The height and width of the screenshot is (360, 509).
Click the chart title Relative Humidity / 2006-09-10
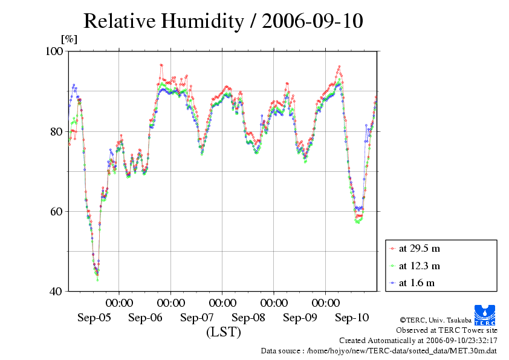click(223, 21)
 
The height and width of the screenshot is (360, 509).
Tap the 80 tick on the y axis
click(58, 132)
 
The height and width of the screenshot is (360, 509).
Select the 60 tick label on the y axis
click(58, 212)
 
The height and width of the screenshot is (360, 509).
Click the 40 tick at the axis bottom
click(58, 292)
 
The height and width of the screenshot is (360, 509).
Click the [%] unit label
click(69, 40)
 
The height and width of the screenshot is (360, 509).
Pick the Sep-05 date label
click(94, 317)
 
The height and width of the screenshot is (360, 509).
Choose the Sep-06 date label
click(146, 317)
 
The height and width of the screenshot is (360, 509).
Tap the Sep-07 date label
click(197, 317)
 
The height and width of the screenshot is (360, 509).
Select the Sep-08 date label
click(248, 317)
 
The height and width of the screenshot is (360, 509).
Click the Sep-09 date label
click(300, 317)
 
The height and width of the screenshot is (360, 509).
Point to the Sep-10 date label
click(352, 317)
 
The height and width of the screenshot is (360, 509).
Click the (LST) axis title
click(224, 332)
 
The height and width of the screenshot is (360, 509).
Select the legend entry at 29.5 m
click(420, 249)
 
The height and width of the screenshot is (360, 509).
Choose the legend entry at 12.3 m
click(420, 266)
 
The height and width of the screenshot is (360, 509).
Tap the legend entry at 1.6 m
click(417, 283)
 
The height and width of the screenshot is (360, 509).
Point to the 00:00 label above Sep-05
click(120, 303)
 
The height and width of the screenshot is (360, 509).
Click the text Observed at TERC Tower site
click(447, 330)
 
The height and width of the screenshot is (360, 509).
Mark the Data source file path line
click(379, 350)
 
